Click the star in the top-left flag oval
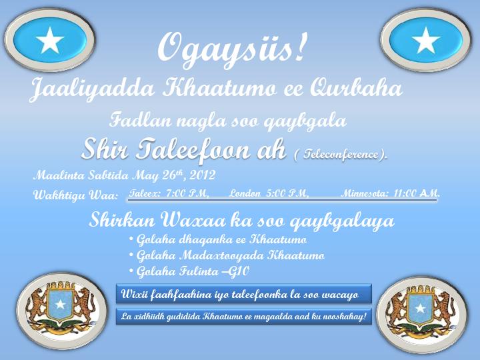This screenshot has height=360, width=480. pos(49,41)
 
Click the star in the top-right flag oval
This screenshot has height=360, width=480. pos(426,41)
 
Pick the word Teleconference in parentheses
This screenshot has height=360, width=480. pos(341,154)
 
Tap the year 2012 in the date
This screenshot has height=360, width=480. pos(203,175)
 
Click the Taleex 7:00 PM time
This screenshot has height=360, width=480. pos(169,193)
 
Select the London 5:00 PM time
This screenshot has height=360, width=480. pos(269,193)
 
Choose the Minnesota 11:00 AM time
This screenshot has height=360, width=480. pos(391,193)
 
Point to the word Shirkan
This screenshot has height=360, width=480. pos(122,220)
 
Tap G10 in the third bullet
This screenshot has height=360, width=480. pos(240,271)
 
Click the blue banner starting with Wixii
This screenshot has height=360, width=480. pos(244,294)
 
